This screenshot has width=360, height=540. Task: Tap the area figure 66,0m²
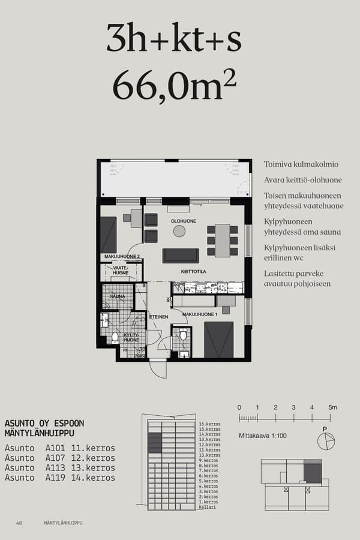(174, 85)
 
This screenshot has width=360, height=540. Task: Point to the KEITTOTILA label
(194, 271)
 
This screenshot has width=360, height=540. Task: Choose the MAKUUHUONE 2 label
(122, 257)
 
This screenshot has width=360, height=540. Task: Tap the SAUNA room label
(117, 296)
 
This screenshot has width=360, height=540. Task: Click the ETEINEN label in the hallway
(158, 317)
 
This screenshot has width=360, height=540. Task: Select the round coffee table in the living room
(179, 231)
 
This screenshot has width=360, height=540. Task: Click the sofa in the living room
(180, 256)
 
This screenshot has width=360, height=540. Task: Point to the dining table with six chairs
(223, 240)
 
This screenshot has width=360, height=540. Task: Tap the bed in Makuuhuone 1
(218, 340)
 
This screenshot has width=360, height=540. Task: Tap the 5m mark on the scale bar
(332, 407)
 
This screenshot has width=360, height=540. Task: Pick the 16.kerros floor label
(209, 424)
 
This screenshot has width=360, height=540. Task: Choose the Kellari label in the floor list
(207, 508)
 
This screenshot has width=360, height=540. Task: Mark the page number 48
(19, 523)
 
